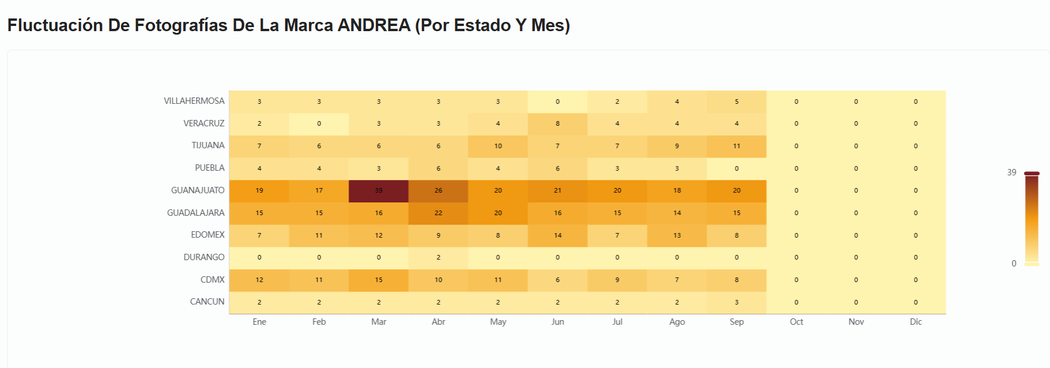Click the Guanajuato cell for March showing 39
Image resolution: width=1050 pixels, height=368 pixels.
tap(379, 190)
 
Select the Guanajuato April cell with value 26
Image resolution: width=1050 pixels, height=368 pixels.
tap(438, 190)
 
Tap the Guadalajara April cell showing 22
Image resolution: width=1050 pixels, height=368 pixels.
tap(438, 213)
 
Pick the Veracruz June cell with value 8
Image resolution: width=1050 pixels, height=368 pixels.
tap(557, 123)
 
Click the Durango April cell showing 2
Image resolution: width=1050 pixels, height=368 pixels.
tap(438, 257)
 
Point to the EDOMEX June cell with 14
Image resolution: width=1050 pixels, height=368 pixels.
tap(557, 235)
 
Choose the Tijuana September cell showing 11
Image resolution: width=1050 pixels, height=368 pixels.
tap(736, 146)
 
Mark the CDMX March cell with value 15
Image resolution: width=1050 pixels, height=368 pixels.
tap(379, 280)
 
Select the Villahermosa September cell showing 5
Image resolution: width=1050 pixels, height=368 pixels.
tap(736, 102)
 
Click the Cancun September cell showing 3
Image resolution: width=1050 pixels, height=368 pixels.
tap(736, 302)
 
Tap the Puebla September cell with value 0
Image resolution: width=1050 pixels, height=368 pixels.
tap(736, 168)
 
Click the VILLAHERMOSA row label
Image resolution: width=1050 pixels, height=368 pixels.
tap(194, 101)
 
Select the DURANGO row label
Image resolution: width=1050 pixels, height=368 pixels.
tap(204, 257)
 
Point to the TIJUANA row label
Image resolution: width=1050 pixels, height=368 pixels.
tap(207, 145)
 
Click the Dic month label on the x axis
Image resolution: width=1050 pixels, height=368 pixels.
tap(916, 322)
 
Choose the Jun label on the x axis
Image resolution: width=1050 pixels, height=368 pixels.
tap(557, 322)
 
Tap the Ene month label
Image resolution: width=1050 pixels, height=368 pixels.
tap(259, 322)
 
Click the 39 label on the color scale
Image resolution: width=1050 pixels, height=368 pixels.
tap(1011, 172)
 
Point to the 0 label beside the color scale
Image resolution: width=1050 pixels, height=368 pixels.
tap(1014, 264)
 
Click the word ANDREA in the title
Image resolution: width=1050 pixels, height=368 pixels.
tap(373, 25)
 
